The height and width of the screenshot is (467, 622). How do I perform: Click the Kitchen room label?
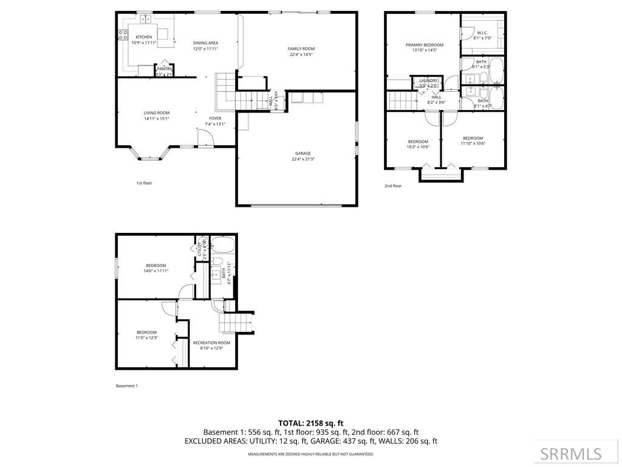[x=144, y=37]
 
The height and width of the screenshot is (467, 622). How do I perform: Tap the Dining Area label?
[x=205, y=43]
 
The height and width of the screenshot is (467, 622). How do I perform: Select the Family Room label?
[x=301, y=49]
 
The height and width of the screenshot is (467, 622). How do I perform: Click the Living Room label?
[x=156, y=112]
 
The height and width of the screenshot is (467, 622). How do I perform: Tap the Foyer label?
[x=215, y=119]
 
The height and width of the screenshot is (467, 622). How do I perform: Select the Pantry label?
[x=164, y=69]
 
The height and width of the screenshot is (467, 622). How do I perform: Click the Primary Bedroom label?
[x=425, y=44]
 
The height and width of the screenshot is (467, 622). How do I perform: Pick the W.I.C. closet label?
[x=482, y=33]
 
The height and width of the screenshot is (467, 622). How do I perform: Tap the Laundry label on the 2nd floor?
[x=429, y=80]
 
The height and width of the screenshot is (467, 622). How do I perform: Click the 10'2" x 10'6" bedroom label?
[x=418, y=142]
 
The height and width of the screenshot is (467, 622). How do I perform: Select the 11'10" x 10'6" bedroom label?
[x=473, y=138]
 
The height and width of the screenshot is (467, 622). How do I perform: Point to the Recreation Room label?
[x=212, y=343]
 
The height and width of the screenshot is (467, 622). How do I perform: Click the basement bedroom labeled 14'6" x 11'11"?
[x=156, y=265]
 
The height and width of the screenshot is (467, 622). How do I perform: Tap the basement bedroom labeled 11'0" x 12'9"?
[x=146, y=332]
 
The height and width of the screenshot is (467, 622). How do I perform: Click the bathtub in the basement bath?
[x=219, y=246]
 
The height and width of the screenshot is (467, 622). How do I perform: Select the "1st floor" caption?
[x=144, y=182]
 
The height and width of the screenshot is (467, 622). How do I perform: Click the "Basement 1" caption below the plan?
[x=126, y=386]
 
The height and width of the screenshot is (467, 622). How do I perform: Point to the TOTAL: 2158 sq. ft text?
[x=310, y=423]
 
